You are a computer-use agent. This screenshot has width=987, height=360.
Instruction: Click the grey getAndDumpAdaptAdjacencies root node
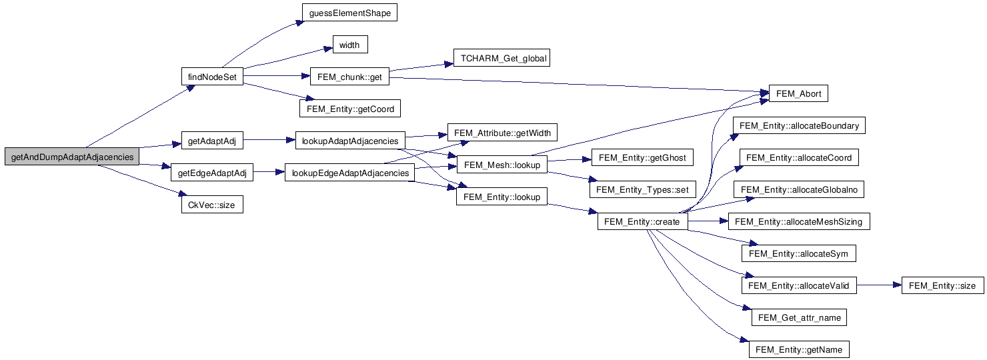[72, 157]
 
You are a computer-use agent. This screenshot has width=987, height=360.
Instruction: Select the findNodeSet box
[212, 77]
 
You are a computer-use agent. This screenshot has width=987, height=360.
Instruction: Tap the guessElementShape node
[349, 13]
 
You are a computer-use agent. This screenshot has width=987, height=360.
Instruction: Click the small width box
[349, 45]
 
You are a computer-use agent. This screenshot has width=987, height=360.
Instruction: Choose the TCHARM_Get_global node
[504, 59]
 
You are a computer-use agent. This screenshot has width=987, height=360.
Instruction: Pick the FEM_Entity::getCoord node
[351, 109]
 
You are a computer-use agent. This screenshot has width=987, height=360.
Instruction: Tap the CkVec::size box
[212, 205]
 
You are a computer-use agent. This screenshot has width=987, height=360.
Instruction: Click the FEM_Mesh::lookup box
[502, 165]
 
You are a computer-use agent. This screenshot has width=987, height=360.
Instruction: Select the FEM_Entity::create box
[642, 221]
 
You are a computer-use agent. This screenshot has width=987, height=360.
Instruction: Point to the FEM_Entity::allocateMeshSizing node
[799, 221]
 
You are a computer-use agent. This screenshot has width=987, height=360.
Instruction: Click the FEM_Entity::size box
[942, 285]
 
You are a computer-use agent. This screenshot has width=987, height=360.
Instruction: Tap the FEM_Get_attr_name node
[799, 317]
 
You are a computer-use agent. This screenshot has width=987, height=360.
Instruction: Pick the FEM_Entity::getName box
[799, 349]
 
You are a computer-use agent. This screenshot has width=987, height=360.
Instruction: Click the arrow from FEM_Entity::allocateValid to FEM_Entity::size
[878, 285]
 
